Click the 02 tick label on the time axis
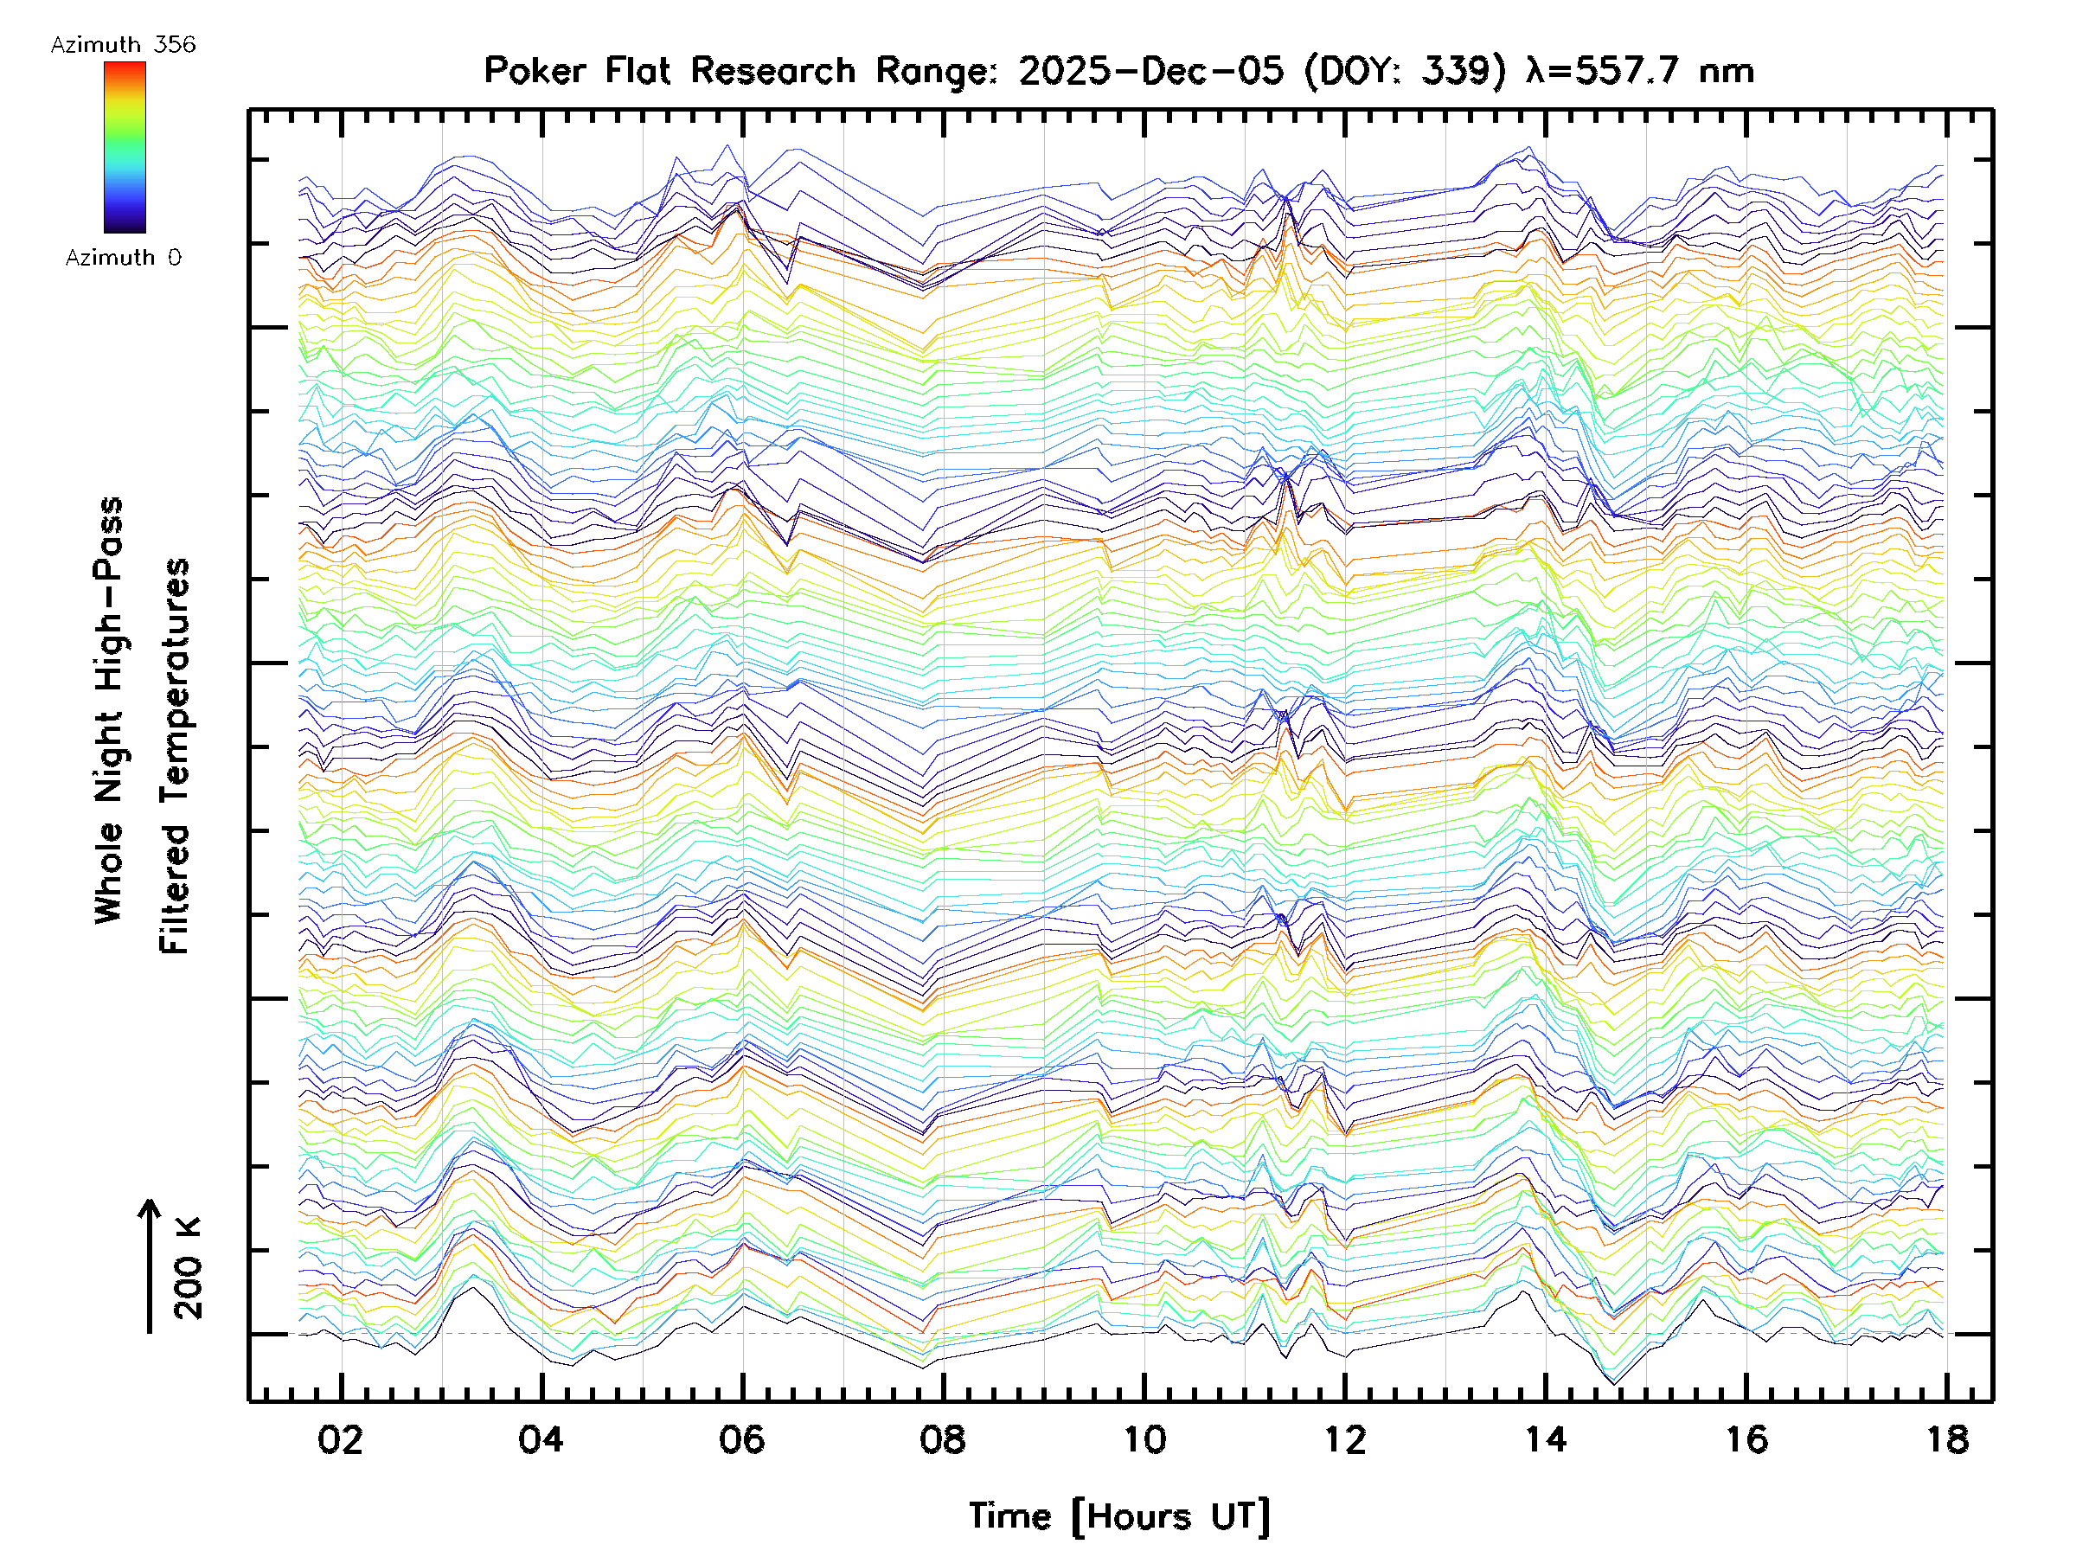(340, 1439)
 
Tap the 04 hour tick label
(541, 1439)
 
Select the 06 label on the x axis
(741, 1439)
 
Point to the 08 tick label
(942, 1439)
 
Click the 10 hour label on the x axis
(1144, 1439)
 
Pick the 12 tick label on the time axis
(1345, 1439)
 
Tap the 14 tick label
(1546, 1439)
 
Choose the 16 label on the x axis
(1746, 1439)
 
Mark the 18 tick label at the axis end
(1947, 1439)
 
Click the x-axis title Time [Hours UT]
(1118, 1516)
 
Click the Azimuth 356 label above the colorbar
(123, 45)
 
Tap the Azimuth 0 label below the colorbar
(123, 258)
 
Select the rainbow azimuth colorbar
(125, 147)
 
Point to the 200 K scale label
(189, 1267)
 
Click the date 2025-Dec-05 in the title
(1150, 71)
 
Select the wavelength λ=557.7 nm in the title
(1639, 71)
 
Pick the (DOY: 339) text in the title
(1406, 71)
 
